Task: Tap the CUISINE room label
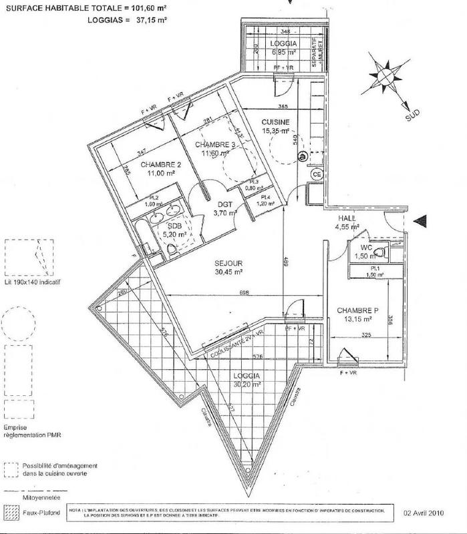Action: click(x=275, y=122)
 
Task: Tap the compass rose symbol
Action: click(x=385, y=77)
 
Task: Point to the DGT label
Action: click(x=220, y=205)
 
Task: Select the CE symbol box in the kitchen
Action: click(x=317, y=174)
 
